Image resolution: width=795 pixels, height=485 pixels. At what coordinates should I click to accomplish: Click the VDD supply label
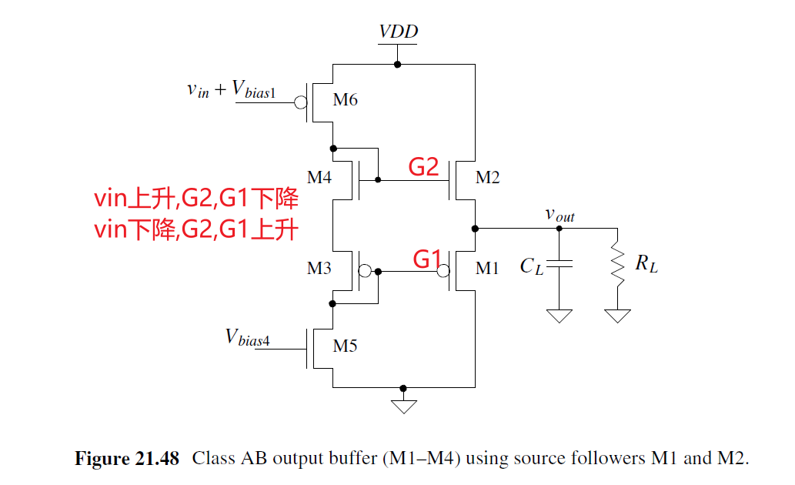point(398,32)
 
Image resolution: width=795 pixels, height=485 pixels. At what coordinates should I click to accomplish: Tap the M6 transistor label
point(345,100)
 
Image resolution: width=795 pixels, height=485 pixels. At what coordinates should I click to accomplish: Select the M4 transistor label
point(319,178)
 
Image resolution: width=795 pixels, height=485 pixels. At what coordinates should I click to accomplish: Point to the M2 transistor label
point(487,178)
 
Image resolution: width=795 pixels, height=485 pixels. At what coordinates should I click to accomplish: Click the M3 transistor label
point(319,269)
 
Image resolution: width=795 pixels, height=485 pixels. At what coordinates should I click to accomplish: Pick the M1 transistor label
point(487,269)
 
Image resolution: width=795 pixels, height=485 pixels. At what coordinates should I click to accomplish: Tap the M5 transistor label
point(345,346)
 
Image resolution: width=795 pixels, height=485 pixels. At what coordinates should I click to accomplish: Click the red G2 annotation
point(423,167)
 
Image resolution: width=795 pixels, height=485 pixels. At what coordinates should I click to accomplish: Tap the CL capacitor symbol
point(560,265)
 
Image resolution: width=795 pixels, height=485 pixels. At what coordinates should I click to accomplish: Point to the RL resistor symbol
point(617,265)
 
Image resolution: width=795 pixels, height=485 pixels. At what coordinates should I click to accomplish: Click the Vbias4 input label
point(247,337)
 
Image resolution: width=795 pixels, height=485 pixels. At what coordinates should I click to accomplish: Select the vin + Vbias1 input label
point(230,90)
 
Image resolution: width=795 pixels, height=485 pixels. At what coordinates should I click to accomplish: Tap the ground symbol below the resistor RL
point(617,316)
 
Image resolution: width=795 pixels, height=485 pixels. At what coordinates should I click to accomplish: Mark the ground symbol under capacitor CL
point(560,316)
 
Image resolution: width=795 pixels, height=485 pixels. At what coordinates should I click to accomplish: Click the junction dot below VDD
point(398,65)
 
